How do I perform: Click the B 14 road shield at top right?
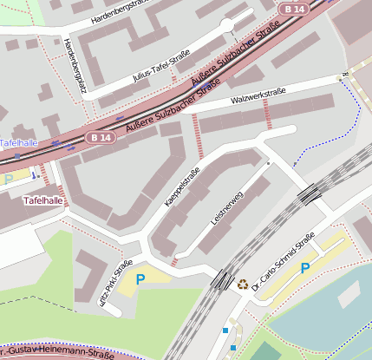[x=295, y=8]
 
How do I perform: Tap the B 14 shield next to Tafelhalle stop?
[x=100, y=137]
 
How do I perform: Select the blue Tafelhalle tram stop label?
[x=17, y=142]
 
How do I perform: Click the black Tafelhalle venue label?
[x=42, y=200]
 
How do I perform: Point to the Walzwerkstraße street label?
[x=258, y=95]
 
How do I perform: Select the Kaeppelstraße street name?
[x=182, y=187]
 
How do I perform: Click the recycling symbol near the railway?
[x=243, y=282]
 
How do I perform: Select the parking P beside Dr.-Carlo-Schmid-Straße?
[x=305, y=269]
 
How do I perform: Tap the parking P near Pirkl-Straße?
[x=140, y=279]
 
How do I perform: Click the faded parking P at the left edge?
[x=9, y=180]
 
